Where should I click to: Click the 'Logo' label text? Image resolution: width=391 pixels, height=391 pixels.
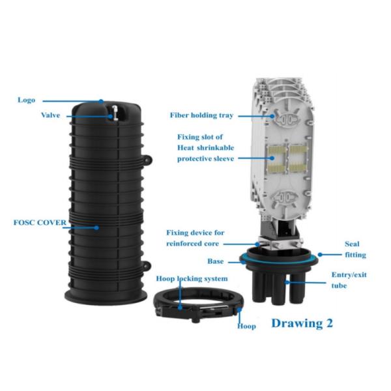[x=26, y=100]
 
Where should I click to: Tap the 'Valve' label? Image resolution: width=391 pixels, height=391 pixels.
[x=51, y=115]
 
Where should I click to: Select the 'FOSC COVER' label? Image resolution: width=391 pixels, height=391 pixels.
[x=40, y=222]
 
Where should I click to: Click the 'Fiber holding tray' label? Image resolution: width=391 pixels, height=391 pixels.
[x=201, y=115]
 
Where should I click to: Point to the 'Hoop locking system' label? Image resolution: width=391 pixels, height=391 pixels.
[x=192, y=278]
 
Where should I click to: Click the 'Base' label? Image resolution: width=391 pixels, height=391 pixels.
[x=216, y=261]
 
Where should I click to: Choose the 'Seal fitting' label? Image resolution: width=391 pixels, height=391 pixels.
[x=355, y=250]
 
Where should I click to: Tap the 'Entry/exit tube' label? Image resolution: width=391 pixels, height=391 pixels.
[x=349, y=280]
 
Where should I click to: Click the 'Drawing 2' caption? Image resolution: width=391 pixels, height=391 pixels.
[x=302, y=323]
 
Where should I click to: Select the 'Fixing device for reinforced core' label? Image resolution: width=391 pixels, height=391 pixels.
[x=195, y=238]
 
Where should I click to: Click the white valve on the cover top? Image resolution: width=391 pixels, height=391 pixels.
[x=115, y=113]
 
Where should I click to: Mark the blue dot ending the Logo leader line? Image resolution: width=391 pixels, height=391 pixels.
[x=101, y=102]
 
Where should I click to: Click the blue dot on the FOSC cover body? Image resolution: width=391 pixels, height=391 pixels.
[x=96, y=227]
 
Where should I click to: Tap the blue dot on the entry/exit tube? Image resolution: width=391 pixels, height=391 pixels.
[x=287, y=283]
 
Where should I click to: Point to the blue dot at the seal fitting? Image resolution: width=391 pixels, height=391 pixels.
[x=320, y=255]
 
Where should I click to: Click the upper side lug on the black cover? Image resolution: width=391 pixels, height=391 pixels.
[x=148, y=160]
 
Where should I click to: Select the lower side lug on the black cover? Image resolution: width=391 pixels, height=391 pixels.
[x=147, y=266]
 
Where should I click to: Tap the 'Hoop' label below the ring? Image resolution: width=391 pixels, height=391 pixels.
[x=246, y=326]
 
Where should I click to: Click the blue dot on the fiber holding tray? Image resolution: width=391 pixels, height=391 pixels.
[x=272, y=116]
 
